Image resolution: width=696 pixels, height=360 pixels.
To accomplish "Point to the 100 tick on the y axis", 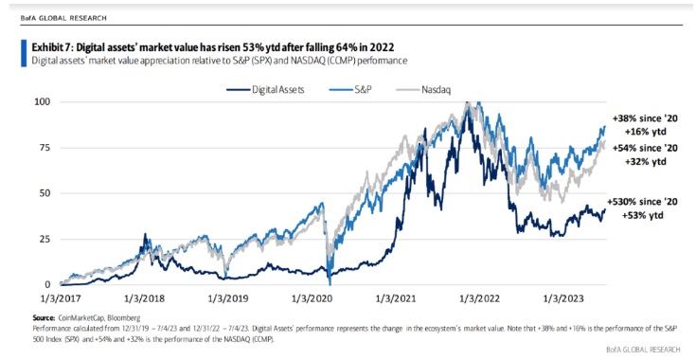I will click(42, 101).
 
